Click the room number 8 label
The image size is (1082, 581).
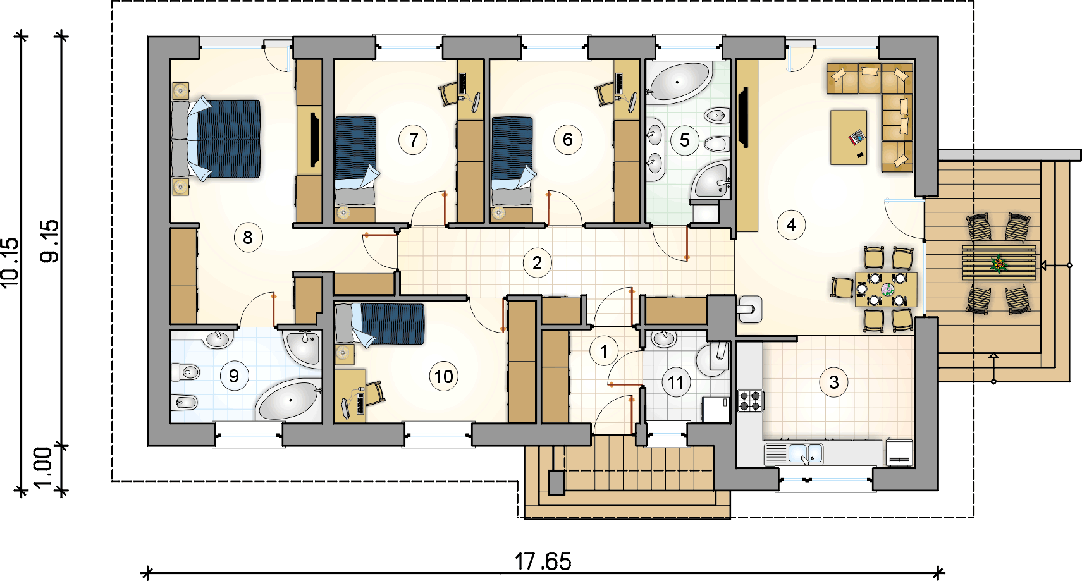[x=248, y=237]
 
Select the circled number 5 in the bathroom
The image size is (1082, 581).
[x=684, y=140]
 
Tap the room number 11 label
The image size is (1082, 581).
[x=676, y=382]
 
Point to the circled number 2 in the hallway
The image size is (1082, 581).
[x=537, y=263]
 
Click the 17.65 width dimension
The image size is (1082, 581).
[x=543, y=561]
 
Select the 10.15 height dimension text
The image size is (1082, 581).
[x=11, y=263]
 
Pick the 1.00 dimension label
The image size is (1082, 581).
[x=44, y=468]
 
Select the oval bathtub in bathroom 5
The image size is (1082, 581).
[x=679, y=82]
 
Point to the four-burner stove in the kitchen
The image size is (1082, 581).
[x=750, y=401]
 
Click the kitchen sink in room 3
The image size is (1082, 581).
[x=805, y=454]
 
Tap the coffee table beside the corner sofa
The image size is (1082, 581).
[x=849, y=138]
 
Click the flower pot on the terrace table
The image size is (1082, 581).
[x=999, y=264]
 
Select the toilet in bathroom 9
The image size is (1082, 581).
[x=186, y=372]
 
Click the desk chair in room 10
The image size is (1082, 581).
[x=375, y=393]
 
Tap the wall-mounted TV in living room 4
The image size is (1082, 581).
[x=744, y=117]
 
